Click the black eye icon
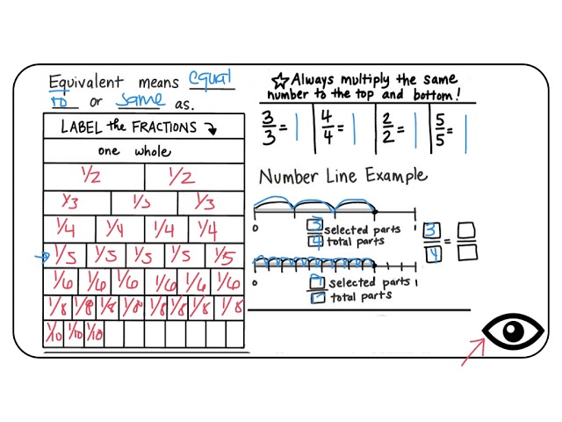click(x=513, y=331)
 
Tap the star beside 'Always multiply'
click(x=280, y=79)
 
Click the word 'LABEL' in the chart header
click(x=82, y=127)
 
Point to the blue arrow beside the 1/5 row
click(x=41, y=258)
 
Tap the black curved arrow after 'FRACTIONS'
click(x=210, y=128)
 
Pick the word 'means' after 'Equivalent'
click(x=156, y=82)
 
